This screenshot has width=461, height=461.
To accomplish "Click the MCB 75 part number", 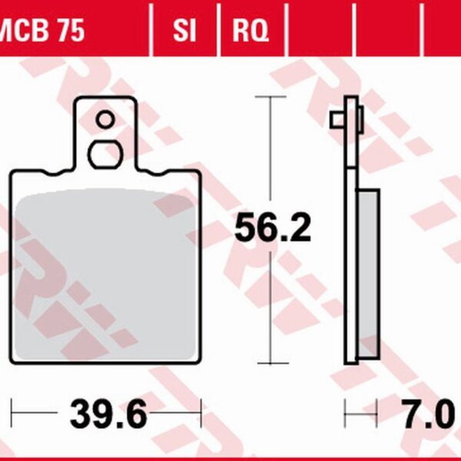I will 42,32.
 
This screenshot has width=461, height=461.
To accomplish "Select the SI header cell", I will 185,32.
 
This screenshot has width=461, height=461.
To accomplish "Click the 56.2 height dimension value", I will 272,228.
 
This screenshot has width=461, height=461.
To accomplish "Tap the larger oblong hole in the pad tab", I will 106,154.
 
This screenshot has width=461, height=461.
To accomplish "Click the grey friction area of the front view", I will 106,269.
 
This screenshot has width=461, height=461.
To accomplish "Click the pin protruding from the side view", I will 337,120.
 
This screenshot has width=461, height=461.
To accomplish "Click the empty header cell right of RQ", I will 323,32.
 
